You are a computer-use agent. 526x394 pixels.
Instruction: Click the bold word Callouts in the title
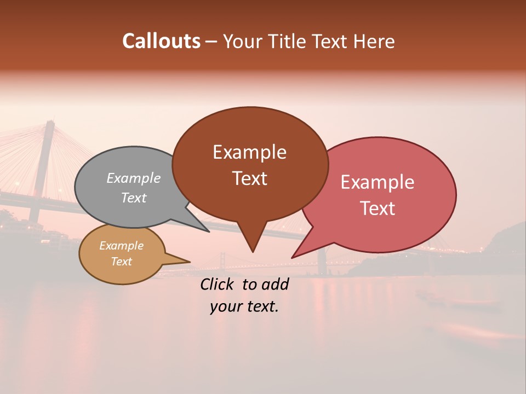tap(161, 41)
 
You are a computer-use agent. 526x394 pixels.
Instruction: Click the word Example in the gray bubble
tap(133, 178)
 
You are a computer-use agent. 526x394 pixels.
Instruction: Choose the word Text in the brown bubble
tap(250, 178)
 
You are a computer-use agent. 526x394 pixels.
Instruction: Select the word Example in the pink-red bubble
tap(378, 182)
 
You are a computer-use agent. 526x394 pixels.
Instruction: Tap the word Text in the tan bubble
tap(121, 262)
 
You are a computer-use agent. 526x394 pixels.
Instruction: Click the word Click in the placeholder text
tap(218, 284)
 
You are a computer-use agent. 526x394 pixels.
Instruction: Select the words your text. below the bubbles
tap(244, 306)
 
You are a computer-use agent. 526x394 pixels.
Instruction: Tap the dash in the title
tap(211, 42)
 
